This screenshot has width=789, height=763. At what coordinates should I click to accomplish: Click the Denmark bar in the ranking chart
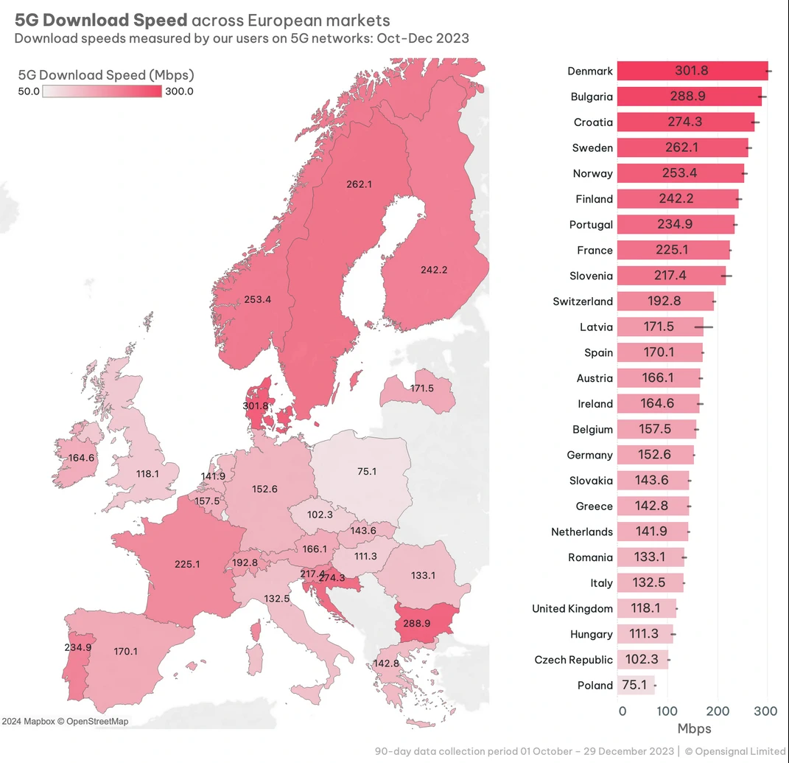tap(692, 71)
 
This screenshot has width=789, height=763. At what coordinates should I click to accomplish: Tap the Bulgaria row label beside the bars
tap(592, 97)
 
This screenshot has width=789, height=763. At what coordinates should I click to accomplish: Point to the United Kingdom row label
tap(572, 608)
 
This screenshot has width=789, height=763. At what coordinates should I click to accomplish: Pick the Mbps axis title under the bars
tap(694, 728)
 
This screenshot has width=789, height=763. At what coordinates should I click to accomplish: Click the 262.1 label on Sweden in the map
tap(360, 184)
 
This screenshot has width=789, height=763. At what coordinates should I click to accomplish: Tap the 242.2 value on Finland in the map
tap(434, 270)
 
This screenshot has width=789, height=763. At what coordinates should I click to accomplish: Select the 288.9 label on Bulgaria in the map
tap(417, 623)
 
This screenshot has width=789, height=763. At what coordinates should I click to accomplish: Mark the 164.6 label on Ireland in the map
tap(81, 458)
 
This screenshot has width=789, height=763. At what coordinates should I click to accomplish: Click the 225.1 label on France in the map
tap(187, 564)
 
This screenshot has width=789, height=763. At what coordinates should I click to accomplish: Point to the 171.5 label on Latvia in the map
tap(422, 388)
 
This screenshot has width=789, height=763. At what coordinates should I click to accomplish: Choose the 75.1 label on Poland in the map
tap(366, 471)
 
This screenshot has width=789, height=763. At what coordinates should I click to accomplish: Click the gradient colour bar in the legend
tap(102, 91)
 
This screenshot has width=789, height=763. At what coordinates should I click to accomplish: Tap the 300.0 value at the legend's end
tap(179, 91)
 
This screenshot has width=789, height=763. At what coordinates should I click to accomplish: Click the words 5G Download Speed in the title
tap(101, 20)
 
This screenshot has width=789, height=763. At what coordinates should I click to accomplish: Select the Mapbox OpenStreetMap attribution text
tap(65, 721)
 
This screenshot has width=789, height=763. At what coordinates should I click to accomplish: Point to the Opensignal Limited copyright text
tap(737, 751)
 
